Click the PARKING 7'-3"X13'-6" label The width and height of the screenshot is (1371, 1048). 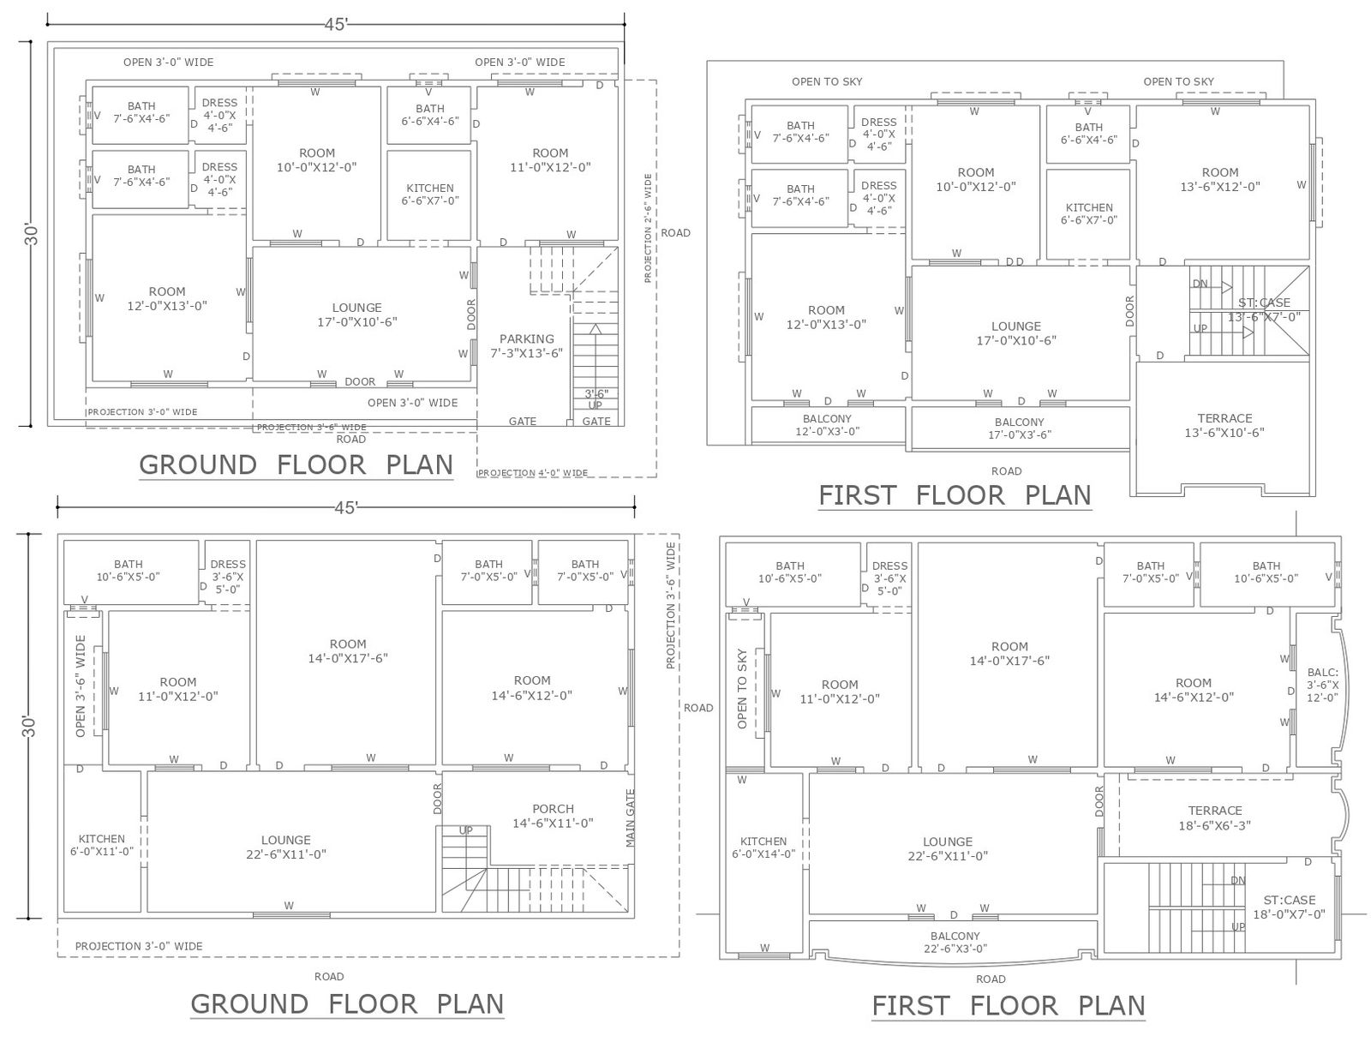pyautogui.click(x=526, y=345)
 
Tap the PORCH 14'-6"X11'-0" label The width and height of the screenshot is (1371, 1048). pyautogui.click(x=553, y=816)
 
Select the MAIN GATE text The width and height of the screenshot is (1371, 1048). pyautogui.click(x=631, y=817)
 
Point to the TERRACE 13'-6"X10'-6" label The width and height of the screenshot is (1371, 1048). pyautogui.click(x=1224, y=425)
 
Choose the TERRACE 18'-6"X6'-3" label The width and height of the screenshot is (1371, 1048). pyautogui.click(x=1214, y=817)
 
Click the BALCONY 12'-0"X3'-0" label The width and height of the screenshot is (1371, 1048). pyautogui.click(x=827, y=425)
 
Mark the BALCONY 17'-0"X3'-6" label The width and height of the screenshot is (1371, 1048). pyautogui.click(x=1019, y=428)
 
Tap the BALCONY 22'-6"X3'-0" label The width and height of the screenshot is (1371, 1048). pyautogui.click(x=955, y=942)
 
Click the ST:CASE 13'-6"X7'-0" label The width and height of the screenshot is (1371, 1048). pyautogui.click(x=1264, y=309)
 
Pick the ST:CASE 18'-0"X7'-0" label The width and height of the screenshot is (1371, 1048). pyautogui.click(x=1289, y=907)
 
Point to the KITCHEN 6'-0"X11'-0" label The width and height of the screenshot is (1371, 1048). pyautogui.click(x=102, y=845)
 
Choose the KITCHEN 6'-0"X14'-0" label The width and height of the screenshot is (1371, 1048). pyautogui.click(x=763, y=847)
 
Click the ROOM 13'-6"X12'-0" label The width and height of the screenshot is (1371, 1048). pyautogui.click(x=1219, y=179)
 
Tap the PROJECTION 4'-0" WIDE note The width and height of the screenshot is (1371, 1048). pyautogui.click(x=533, y=473)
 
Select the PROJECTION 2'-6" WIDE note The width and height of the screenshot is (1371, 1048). pyautogui.click(x=648, y=228)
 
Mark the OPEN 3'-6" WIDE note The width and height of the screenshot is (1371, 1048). pyautogui.click(x=81, y=686)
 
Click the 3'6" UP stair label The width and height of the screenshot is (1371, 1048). pyautogui.click(x=596, y=399)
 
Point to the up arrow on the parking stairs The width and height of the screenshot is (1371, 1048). pyautogui.click(x=596, y=329)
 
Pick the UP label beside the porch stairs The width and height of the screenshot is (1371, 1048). pyautogui.click(x=465, y=830)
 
